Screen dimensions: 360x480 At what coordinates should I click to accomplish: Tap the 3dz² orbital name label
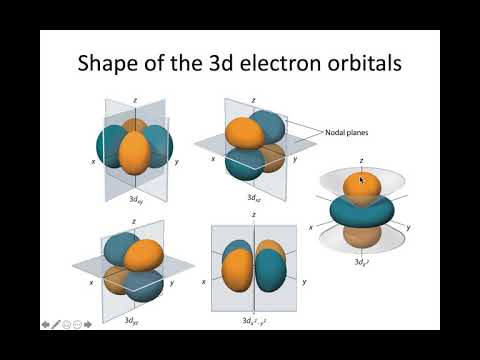tap(363, 262)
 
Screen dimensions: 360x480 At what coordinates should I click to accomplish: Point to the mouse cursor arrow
tap(362, 181)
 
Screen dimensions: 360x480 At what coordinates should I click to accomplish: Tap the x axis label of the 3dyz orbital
tap(92, 283)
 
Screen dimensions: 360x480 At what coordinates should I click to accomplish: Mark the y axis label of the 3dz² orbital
tap(409, 227)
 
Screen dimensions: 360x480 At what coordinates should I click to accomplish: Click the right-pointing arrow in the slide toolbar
tap(88, 323)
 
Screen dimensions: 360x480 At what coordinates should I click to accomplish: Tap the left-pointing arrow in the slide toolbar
tap(46, 323)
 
